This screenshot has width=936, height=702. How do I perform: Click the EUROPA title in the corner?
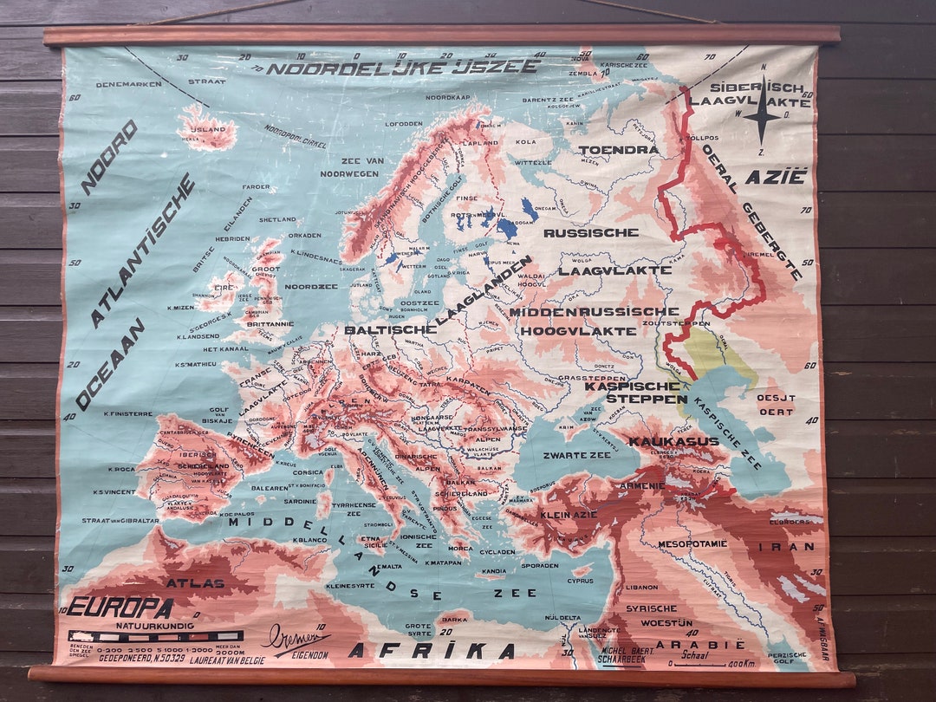coord(120,607)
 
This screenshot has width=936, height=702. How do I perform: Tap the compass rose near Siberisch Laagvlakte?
coord(762,113)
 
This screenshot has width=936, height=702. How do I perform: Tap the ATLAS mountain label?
coord(195,583)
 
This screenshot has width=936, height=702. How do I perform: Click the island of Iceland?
coord(206,131)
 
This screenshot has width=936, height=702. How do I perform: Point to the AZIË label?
coord(776,176)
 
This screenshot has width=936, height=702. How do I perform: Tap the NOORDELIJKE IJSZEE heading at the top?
coord(402,67)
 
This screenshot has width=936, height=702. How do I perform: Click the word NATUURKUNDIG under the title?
coord(156,624)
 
